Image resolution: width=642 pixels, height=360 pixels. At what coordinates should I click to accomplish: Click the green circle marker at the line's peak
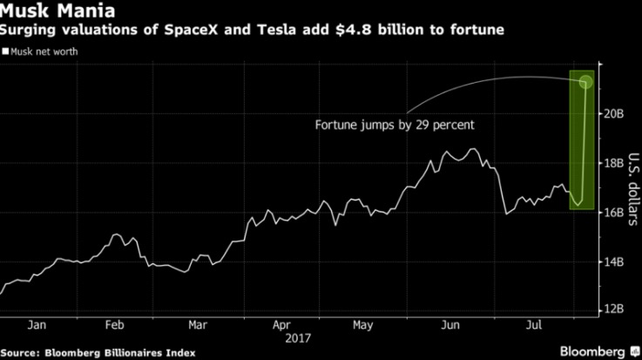[585, 82]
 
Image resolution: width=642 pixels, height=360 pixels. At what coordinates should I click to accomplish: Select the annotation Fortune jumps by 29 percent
[395, 126]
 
